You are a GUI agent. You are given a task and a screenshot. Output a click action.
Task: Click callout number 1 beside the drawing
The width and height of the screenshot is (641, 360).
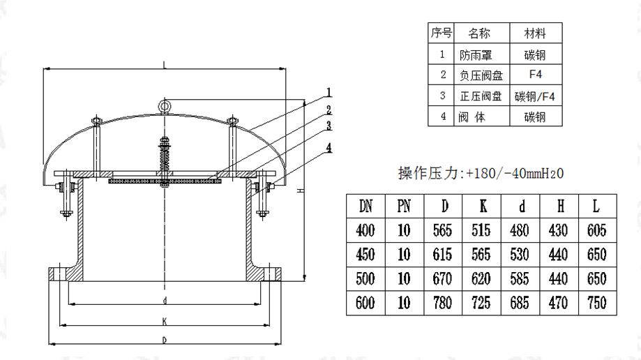[x=328, y=91]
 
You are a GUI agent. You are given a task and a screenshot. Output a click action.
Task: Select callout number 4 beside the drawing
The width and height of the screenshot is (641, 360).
[x=328, y=147]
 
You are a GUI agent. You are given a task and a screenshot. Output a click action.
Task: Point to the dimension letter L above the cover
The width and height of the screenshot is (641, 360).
[x=165, y=66]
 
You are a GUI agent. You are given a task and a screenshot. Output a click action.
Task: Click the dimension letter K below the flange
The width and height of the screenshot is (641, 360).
[x=165, y=322]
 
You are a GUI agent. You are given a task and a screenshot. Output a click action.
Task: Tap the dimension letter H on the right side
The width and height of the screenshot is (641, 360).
[x=299, y=190]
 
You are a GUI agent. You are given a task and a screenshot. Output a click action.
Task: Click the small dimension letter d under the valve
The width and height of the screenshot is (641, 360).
[x=165, y=301]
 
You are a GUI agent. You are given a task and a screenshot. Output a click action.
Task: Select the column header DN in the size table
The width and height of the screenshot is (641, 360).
[x=365, y=206]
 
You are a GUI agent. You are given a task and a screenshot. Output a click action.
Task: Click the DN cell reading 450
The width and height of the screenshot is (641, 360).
[x=365, y=255]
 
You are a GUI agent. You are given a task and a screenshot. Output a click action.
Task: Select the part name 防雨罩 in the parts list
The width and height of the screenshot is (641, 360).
[x=475, y=54]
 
